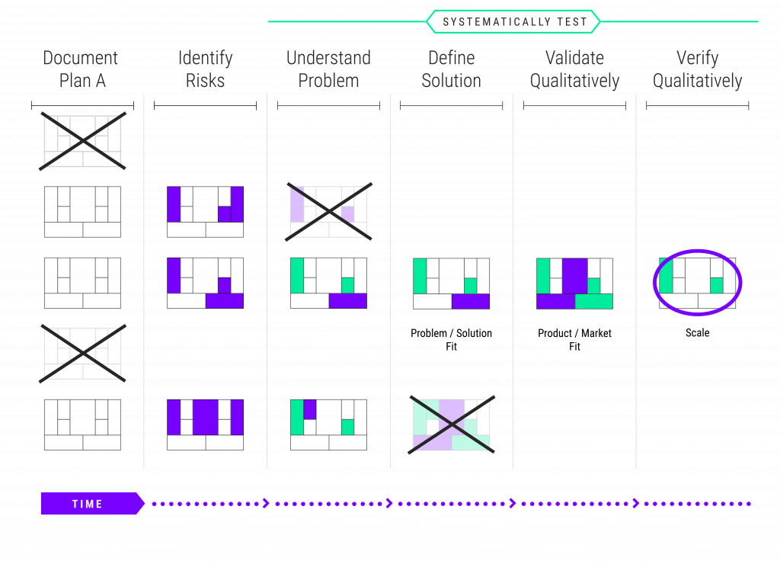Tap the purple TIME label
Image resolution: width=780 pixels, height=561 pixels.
88,504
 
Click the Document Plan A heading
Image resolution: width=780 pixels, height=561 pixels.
82,69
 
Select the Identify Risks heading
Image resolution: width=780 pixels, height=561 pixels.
205,69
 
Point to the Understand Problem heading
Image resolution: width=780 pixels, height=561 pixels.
328,69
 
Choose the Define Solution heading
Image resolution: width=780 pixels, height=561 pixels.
452,69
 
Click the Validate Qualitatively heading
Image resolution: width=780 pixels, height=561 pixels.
574,69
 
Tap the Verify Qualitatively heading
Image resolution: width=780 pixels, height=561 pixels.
698,69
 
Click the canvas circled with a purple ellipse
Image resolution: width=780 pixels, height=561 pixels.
698,283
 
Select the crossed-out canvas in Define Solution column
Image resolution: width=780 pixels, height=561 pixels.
452,425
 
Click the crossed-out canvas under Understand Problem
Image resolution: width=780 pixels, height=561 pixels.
328,211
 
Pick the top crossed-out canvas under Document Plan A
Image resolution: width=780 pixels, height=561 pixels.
82,141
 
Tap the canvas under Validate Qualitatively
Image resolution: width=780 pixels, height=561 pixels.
574,283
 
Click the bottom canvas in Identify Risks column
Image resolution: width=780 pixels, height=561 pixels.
205,425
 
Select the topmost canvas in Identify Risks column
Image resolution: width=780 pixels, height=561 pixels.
205,211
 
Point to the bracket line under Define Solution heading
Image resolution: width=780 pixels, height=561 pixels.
452,106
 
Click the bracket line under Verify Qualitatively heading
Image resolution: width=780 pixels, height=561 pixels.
698,106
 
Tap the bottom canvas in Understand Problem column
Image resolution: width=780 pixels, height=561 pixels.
328,425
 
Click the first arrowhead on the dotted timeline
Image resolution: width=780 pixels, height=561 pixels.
266,503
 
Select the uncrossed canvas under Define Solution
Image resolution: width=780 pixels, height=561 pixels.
452,283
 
